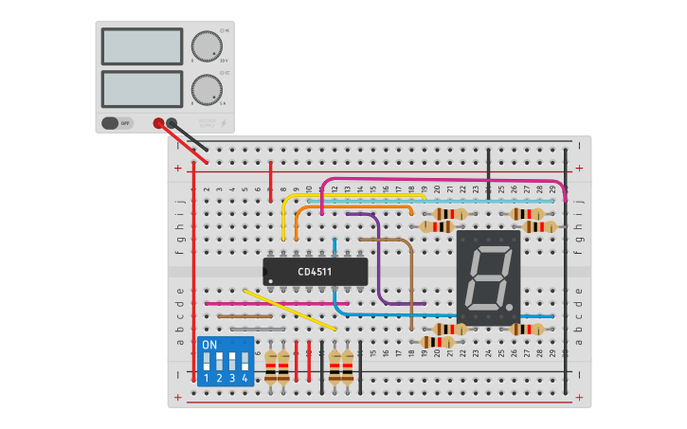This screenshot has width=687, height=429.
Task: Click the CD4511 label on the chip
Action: click(315, 272)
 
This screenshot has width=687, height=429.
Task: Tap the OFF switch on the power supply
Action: click(118, 123)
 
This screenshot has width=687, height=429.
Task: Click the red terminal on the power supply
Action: click(158, 122)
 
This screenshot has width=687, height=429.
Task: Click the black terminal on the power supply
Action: click(172, 122)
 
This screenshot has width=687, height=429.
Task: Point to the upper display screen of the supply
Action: click(141, 46)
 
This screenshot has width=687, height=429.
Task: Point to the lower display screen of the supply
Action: click(141, 89)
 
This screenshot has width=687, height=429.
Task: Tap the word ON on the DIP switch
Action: click(210, 345)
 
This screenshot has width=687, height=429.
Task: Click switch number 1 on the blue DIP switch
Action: click(207, 362)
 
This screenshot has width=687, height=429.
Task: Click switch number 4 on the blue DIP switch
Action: click(244, 362)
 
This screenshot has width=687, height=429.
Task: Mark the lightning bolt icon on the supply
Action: click(224, 123)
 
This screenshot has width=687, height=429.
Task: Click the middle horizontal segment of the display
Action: click(489, 277)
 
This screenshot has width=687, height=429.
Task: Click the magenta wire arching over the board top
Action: click(445, 179)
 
